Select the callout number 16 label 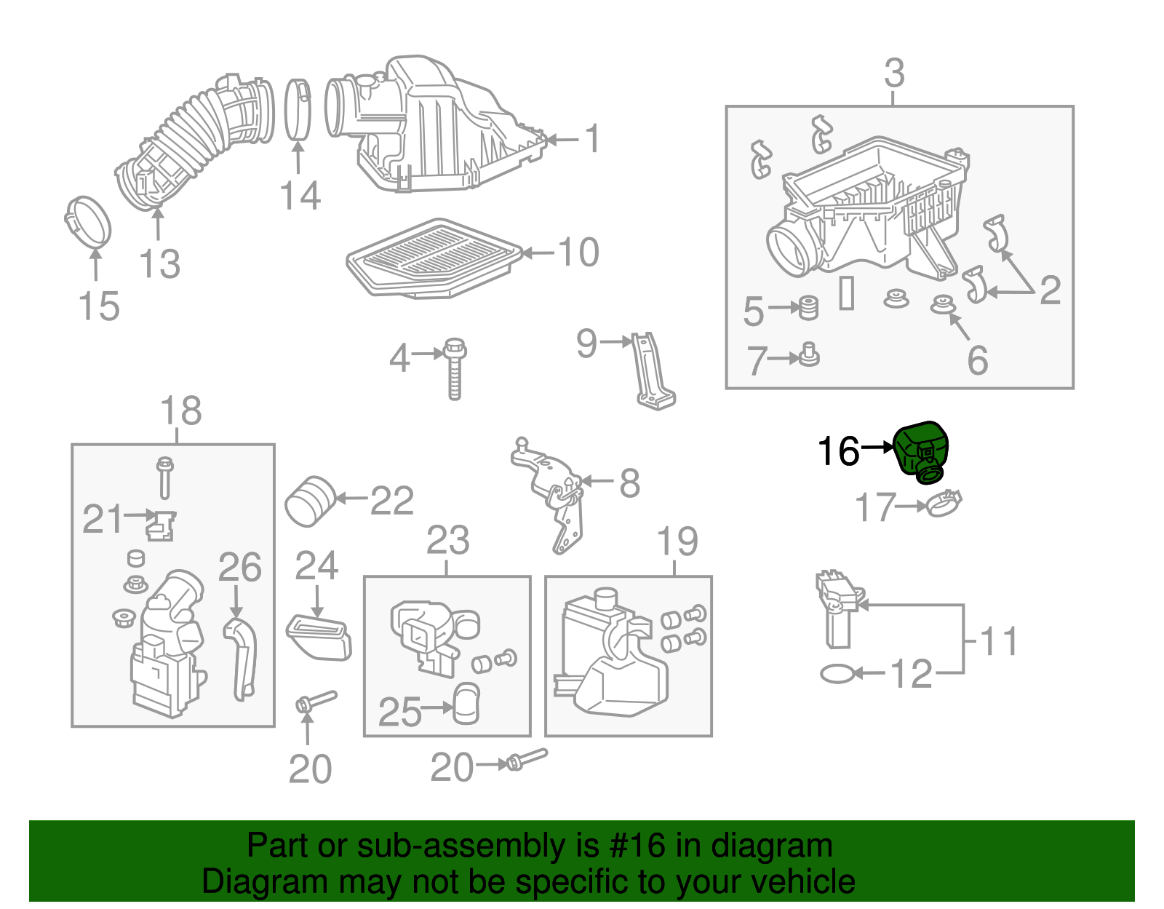[x=839, y=451]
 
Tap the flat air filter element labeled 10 [x=434, y=258]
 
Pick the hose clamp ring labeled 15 [x=88, y=222]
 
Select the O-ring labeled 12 [x=837, y=674]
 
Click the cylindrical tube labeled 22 [x=309, y=500]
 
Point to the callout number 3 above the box [x=894, y=74]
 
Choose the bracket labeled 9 [x=653, y=371]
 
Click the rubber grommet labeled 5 [x=808, y=308]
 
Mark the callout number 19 [x=677, y=541]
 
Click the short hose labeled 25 [x=466, y=704]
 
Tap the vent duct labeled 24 [x=319, y=637]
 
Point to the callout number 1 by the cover [x=593, y=138]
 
